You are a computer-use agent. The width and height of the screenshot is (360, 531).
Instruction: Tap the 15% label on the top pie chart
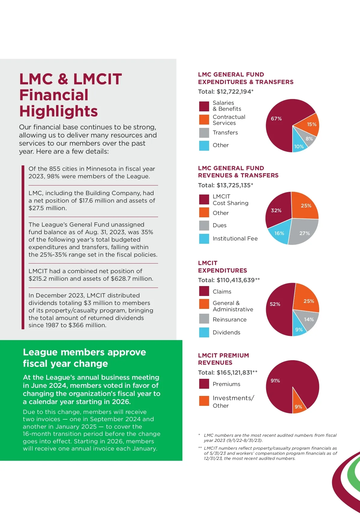(x=312, y=124)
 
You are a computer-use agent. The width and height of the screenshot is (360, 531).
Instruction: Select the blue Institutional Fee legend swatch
(x=204, y=239)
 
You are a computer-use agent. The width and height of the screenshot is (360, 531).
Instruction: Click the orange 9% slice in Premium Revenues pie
(x=298, y=406)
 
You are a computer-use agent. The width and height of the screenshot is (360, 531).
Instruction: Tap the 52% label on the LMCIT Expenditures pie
(x=275, y=304)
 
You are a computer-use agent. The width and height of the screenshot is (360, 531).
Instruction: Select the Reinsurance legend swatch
(x=204, y=319)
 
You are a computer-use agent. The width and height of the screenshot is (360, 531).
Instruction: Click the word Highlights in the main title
(x=58, y=111)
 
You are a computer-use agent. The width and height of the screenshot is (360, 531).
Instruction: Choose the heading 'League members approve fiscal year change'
(x=84, y=358)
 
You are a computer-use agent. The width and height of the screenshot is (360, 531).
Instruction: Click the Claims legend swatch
(x=204, y=291)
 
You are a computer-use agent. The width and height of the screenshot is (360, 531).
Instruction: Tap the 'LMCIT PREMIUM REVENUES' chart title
(x=223, y=359)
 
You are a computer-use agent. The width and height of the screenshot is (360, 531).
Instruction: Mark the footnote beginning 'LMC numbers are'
(x=270, y=438)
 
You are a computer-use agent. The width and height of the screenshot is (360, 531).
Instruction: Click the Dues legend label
(x=220, y=225)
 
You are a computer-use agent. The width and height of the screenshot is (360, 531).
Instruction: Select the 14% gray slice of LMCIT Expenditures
(x=307, y=320)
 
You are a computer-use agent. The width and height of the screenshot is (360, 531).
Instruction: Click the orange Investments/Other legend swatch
(x=204, y=401)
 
